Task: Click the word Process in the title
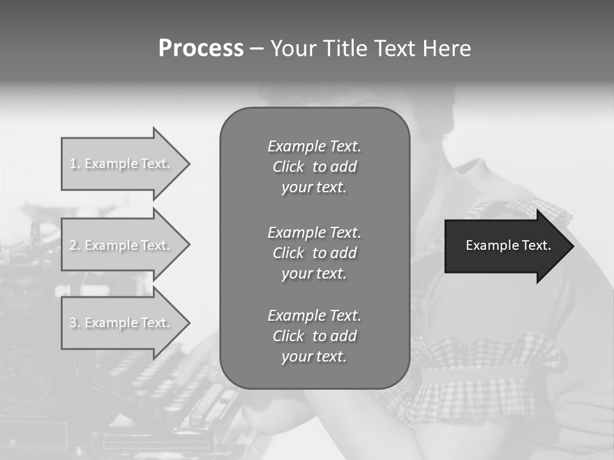pos(201,49)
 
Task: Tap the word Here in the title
pos(446,49)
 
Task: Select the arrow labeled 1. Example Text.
pos(122,164)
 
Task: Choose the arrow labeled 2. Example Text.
pos(122,245)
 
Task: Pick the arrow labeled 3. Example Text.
pos(122,323)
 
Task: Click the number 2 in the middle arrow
pos(74,245)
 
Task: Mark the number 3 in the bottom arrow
pos(73,323)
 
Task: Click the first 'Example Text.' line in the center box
pos(314,146)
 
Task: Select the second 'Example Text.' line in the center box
pos(314,233)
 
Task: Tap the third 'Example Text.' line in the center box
pos(314,316)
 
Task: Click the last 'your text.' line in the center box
pos(314,356)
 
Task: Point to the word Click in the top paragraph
pos(288,167)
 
